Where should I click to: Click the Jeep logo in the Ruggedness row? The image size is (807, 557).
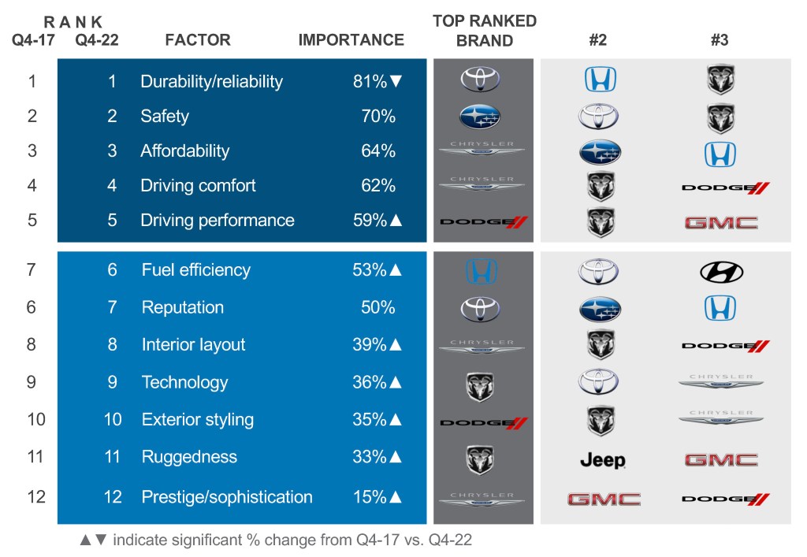pyautogui.click(x=602, y=460)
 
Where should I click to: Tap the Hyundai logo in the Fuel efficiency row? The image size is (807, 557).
pyautogui.click(x=721, y=272)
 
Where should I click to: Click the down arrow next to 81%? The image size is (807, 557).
pyautogui.click(x=396, y=81)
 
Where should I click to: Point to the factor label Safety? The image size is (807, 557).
pyautogui.click(x=165, y=116)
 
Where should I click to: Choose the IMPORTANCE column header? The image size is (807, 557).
pyautogui.click(x=351, y=40)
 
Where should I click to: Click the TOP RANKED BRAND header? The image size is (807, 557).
pyautogui.click(x=485, y=31)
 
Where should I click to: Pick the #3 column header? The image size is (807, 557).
pyautogui.click(x=719, y=40)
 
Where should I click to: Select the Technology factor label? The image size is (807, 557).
pyautogui.click(x=184, y=382)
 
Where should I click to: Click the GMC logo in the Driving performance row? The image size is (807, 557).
pyautogui.click(x=721, y=223)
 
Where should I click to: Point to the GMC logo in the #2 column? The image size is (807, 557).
pyautogui.click(x=604, y=499)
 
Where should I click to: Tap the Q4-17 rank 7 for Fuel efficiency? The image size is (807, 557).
pyautogui.click(x=32, y=269)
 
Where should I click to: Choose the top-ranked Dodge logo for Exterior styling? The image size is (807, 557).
pyautogui.click(x=483, y=423)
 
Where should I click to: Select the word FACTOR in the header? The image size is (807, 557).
pyautogui.click(x=198, y=40)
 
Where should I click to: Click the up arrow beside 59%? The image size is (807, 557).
pyautogui.click(x=396, y=221)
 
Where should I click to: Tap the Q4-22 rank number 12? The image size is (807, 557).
pyautogui.click(x=113, y=497)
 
